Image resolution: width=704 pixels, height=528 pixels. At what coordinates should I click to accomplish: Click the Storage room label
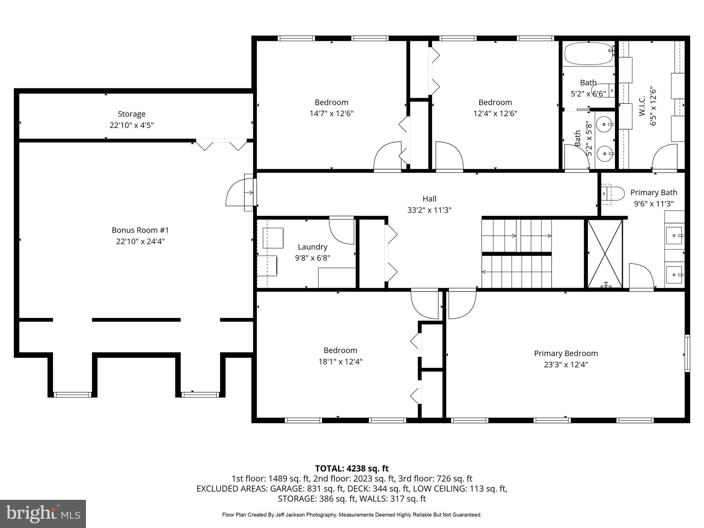(131, 114)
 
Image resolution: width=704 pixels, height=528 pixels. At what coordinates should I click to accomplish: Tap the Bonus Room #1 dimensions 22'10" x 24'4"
(140, 241)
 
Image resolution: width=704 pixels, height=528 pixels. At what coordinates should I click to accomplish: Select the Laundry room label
(312, 247)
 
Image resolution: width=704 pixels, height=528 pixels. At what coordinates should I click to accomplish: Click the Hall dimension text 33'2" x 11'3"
(429, 210)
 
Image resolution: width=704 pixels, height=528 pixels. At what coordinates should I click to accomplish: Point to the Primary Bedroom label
(566, 353)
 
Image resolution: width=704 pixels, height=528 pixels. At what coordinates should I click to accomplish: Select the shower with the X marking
(605, 254)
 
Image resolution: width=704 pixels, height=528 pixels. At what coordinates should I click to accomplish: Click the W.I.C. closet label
(642, 107)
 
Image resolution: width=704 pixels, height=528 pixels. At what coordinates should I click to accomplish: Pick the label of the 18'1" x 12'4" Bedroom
(340, 350)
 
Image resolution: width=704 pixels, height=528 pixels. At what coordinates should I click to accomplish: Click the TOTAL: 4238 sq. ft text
(352, 469)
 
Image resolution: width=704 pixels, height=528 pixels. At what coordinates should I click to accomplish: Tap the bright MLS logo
(43, 514)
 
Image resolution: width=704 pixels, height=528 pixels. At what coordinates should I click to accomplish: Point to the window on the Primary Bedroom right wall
(687, 353)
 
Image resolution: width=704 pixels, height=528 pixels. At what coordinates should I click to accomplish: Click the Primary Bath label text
(653, 192)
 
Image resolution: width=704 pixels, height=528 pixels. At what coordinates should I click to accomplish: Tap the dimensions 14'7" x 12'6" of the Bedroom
(331, 113)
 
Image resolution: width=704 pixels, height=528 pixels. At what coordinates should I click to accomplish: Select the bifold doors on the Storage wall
(221, 145)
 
